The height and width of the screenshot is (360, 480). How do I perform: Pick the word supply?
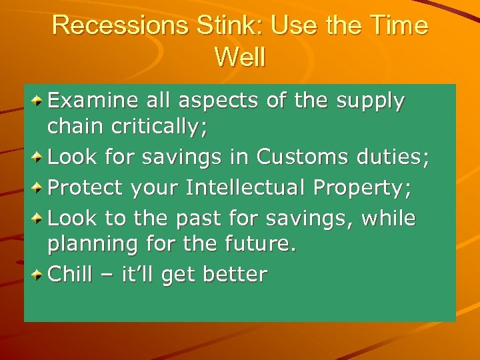pyautogui.click(x=371, y=102)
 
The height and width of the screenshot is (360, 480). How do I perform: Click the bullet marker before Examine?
pyautogui.click(x=39, y=101)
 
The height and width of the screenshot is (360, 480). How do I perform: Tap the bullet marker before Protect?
pyautogui.click(x=39, y=188)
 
